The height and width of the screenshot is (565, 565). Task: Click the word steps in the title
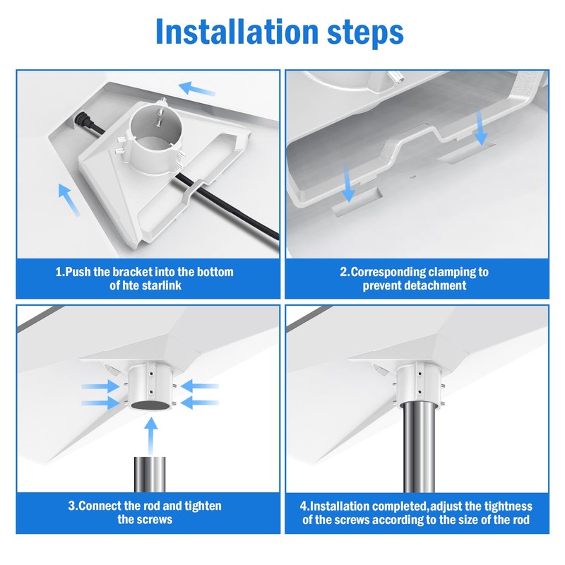pyautogui.click(x=365, y=33)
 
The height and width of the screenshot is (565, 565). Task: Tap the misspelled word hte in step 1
pyautogui.click(x=131, y=285)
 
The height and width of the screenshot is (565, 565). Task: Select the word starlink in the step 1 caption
pyautogui.click(x=162, y=285)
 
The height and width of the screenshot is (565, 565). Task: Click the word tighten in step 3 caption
pyautogui.click(x=203, y=506)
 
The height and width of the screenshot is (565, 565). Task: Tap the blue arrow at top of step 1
pyautogui.click(x=197, y=89)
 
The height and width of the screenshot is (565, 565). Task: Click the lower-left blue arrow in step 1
pyautogui.click(x=69, y=200)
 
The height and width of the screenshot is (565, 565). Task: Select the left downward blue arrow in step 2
pyautogui.click(x=348, y=184)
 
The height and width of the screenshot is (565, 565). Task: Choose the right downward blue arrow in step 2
pyautogui.click(x=481, y=127)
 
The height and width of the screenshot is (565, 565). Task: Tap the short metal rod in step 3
pyautogui.click(x=150, y=474)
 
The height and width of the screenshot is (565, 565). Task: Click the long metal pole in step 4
pyautogui.click(x=419, y=447)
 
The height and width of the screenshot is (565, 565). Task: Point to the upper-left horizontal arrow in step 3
pyautogui.click(x=100, y=386)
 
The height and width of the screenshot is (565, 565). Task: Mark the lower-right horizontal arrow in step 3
pyautogui.click(x=199, y=403)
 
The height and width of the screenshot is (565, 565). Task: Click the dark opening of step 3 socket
pyautogui.click(x=150, y=405)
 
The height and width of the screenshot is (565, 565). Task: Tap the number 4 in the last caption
pyautogui.click(x=303, y=506)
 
